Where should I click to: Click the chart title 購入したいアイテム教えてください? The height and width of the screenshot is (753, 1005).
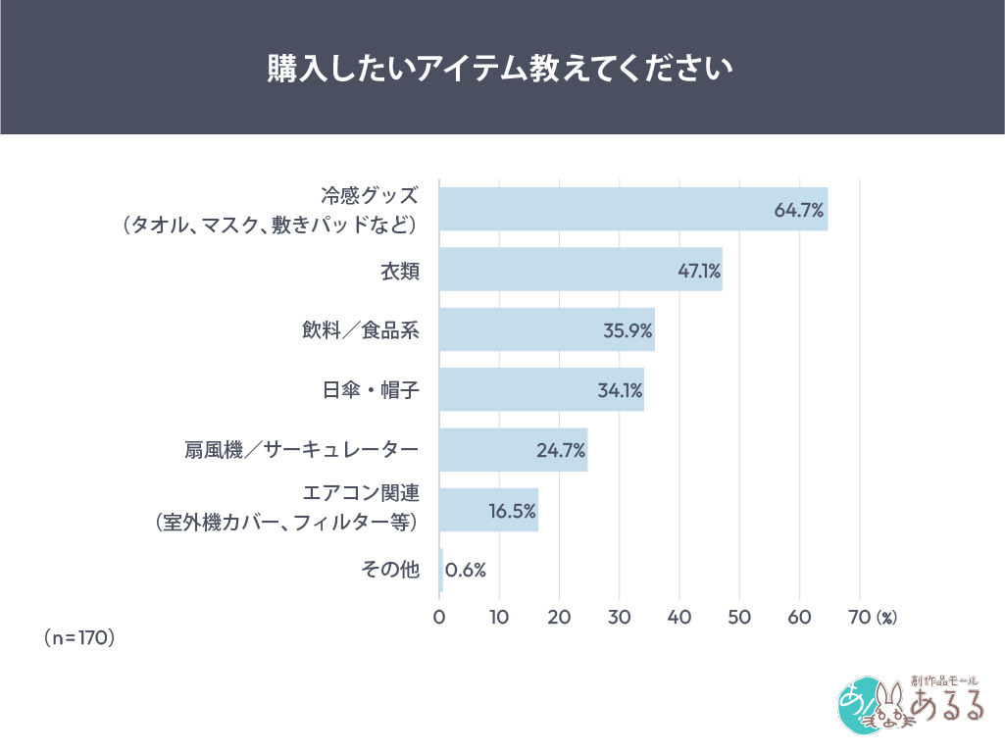(x=502, y=70)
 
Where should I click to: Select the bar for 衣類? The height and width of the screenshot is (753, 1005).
(x=579, y=270)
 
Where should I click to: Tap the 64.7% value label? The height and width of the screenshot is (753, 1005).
(x=798, y=210)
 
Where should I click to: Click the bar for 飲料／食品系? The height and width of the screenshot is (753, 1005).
(x=546, y=329)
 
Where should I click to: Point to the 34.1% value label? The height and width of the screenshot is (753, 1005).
(x=620, y=390)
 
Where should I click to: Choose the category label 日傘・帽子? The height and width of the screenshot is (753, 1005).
(x=371, y=390)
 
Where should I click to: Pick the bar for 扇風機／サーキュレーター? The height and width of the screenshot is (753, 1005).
(x=513, y=450)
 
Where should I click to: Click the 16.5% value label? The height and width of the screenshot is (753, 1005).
(x=512, y=511)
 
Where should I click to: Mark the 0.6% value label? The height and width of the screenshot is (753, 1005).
(x=466, y=571)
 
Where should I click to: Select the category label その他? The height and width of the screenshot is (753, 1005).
(x=391, y=570)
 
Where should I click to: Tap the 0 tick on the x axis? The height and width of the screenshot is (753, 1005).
(x=439, y=618)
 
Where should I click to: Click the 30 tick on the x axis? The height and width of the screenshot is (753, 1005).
(x=620, y=618)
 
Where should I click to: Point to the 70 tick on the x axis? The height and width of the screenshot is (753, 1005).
(x=859, y=618)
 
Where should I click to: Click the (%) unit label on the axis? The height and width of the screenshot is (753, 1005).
(x=886, y=619)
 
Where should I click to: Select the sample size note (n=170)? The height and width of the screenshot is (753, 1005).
(x=80, y=638)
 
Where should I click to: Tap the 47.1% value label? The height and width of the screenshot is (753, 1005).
(x=699, y=270)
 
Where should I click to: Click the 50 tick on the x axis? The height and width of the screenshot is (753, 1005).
(x=739, y=618)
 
